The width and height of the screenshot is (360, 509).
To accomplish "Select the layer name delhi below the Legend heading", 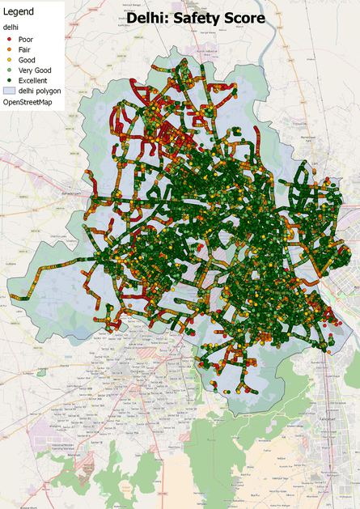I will [11, 28].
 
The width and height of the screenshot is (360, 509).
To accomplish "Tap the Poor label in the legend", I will [25, 38].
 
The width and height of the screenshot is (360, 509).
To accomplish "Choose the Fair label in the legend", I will [24, 49].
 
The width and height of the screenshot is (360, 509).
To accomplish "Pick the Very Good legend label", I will [32, 70].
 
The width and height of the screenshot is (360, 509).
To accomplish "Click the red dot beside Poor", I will [8, 38].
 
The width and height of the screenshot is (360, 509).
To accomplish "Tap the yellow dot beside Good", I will [8, 60].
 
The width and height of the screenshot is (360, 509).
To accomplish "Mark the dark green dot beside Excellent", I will [8, 81].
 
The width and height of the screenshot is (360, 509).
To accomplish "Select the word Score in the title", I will [244, 17].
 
